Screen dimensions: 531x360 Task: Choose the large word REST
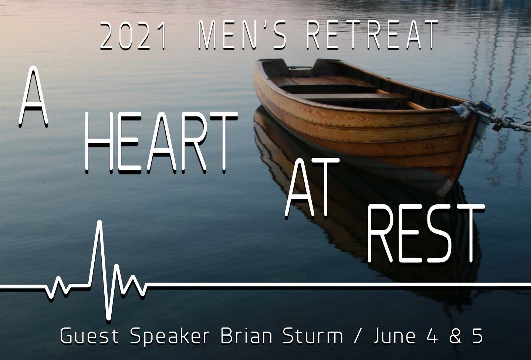[425, 234]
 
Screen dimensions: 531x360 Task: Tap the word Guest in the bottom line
[89, 336]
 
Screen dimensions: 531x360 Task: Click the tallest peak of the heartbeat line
[100, 222]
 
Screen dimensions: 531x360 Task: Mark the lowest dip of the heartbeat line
[108, 319]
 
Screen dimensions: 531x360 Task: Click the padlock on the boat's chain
[497, 126]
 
